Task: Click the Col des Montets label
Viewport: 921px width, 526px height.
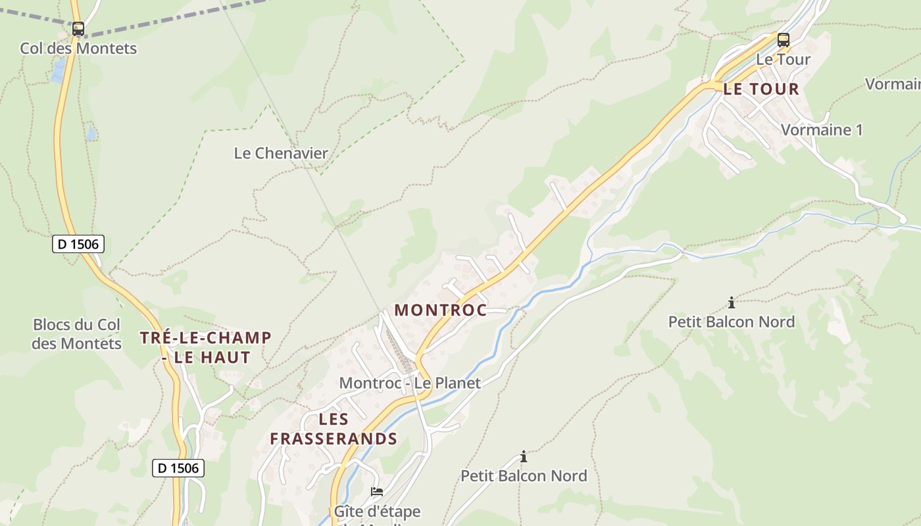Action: point(78,48)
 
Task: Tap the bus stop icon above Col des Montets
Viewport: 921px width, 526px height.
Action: point(78,29)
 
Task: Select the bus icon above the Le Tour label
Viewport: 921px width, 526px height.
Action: point(783,39)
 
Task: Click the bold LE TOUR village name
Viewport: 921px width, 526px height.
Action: point(761,89)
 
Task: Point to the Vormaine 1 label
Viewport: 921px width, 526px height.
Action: point(822,130)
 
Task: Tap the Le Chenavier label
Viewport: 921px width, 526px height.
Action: point(281,153)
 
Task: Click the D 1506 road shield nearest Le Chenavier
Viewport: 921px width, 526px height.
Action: point(78,244)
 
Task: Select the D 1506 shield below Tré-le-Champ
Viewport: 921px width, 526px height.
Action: point(178,468)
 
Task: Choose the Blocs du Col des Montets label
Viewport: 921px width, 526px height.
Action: point(77,334)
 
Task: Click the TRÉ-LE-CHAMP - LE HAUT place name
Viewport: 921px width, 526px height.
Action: point(206,348)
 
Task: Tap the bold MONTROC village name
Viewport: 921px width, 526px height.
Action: point(440,310)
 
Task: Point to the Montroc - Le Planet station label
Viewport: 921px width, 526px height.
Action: point(410,383)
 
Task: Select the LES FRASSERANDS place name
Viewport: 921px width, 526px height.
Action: point(334,429)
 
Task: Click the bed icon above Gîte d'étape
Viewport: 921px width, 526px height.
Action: point(377,491)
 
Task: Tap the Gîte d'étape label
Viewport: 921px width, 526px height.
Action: point(377,511)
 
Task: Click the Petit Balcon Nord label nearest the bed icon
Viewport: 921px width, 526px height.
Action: point(524,475)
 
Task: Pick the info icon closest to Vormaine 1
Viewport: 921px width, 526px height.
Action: point(732,302)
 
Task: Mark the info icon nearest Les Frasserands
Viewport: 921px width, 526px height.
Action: point(524,456)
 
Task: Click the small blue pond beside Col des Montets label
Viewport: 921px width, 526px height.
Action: point(59,70)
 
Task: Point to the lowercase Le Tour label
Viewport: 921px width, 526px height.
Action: point(783,59)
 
